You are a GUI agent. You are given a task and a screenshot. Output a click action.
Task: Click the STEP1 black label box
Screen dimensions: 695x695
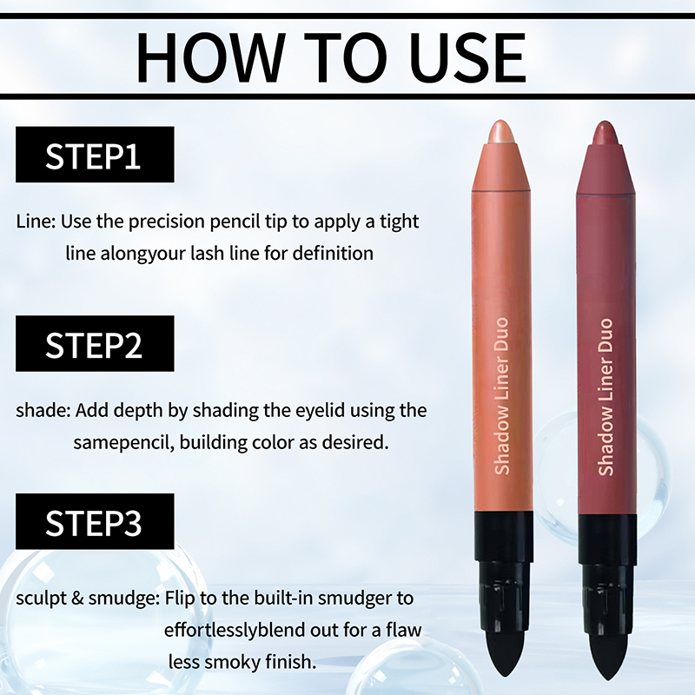[95, 155]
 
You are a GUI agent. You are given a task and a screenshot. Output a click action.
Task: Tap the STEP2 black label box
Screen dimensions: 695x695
[95, 343]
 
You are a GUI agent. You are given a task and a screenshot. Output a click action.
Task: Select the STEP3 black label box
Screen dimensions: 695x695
[95, 521]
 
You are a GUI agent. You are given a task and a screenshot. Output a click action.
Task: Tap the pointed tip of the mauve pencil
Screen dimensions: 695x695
[605, 122]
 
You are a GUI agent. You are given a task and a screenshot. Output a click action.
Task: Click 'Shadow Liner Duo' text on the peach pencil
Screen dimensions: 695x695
[501, 396]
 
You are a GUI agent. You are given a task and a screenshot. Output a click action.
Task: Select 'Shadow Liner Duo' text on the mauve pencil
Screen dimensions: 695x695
[606, 397]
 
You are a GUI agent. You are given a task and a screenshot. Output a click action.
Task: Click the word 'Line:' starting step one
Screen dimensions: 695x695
[36, 222]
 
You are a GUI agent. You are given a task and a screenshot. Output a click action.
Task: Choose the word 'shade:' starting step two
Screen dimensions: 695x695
[43, 410]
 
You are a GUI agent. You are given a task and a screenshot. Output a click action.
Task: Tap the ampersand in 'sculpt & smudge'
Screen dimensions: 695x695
[77, 599]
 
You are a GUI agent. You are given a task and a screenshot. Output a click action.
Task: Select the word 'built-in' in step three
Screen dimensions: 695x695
[284, 599]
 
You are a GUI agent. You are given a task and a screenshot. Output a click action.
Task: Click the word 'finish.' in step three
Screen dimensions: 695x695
[291, 662]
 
